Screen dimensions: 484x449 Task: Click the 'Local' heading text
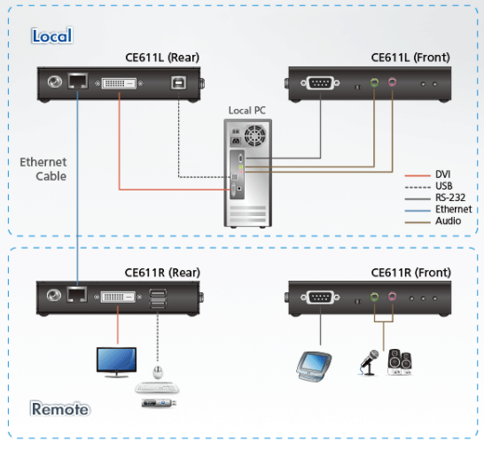point(51,35)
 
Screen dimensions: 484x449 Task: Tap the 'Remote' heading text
point(60,409)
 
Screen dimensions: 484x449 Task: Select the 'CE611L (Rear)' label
point(162,58)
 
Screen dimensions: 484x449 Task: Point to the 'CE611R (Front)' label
point(410,273)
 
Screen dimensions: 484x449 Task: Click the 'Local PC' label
point(247,110)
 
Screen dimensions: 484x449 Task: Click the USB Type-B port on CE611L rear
point(179,82)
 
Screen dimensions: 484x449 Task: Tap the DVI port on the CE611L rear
point(119,83)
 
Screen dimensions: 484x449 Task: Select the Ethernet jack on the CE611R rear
point(77,294)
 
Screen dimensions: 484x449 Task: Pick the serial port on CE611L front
point(320,82)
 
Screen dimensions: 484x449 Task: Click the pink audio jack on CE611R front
point(392,297)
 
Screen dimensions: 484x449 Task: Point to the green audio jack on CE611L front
point(374,82)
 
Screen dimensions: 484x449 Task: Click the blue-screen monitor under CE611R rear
point(116,362)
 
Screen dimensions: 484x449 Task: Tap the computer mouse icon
point(158,372)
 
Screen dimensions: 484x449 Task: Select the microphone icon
point(369,363)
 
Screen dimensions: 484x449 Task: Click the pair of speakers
point(400,361)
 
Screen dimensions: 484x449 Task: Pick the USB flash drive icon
point(159,403)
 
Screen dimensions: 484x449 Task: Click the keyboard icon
point(157,388)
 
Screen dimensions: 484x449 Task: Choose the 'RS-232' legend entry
point(450,197)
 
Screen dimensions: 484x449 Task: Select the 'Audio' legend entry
point(448,221)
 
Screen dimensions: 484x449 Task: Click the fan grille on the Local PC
point(255,135)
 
